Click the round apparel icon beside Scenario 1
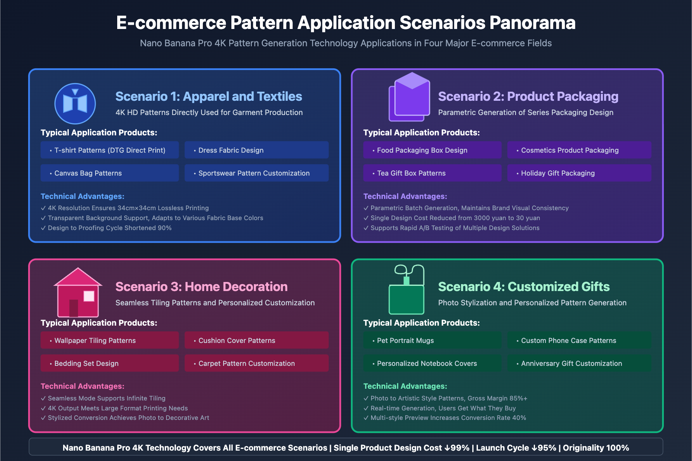pos(75,104)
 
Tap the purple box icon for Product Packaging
pos(410,97)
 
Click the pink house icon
pos(78,292)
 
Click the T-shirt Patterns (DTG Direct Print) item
pos(109,150)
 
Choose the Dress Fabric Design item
pos(256,150)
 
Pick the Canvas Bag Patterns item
pos(109,173)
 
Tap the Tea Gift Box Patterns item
pos(432,173)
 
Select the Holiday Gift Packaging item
pos(579,173)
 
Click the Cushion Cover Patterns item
pos(256,340)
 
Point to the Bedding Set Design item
pos(109,363)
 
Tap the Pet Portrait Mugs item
pos(432,340)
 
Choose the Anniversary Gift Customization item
pos(579,363)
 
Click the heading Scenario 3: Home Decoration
pos(201,287)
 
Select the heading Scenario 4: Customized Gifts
pos(524,287)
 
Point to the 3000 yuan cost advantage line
pos(455,218)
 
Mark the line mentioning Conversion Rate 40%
pos(448,418)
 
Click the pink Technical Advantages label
pos(82,386)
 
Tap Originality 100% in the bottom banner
pos(596,448)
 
